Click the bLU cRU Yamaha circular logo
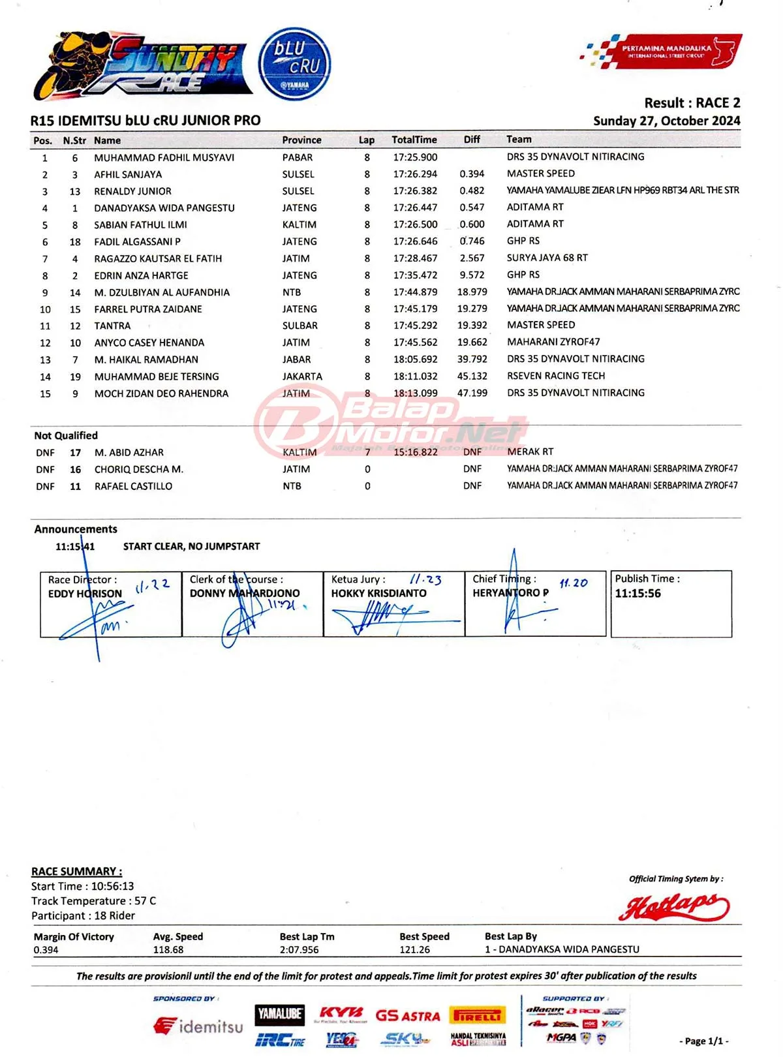pyautogui.click(x=294, y=64)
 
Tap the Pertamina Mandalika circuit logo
pyautogui.click(x=661, y=52)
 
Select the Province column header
pyautogui.click(x=301, y=140)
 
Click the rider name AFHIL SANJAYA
pyautogui.click(x=128, y=174)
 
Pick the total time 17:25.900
pyautogui.click(x=415, y=157)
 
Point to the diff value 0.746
pyautogui.click(x=472, y=241)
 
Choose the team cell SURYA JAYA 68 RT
pyautogui.click(x=547, y=258)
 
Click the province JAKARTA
pyautogui.click(x=302, y=376)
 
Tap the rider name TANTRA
pyautogui.click(x=112, y=326)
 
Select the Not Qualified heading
pyautogui.click(x=66, y=435)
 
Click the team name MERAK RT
pyautogui.click(x=530, y=452)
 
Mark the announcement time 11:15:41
pyautogui.click(x=75, y=546)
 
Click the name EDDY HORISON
pyautogui.click(x=85, y=593)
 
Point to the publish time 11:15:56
pyautogui.click(x=637, y=593)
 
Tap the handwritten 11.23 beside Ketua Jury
pyautogui.click(x=425, y=579)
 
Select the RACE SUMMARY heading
pyautogui.click(x=76, y=871)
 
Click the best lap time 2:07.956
pyautogui.click(x=299, y=949)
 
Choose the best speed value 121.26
pyautogui.click(x=414, y=949)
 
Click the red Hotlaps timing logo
pyautogui.click(x=673, y=906)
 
